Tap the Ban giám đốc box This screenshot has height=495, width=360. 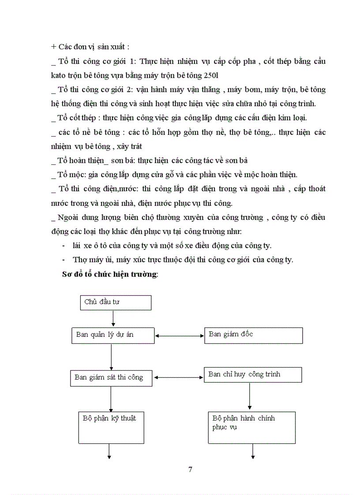[x=254, y=335]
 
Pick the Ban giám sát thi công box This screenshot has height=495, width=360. [x=112, y=378]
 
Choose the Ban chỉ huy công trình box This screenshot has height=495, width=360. [x=253, y=375]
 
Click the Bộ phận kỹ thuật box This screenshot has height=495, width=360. [x=112, y=427]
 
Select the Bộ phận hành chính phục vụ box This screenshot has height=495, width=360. [x=251, y=427]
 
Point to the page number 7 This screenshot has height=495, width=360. [x=190, y=469]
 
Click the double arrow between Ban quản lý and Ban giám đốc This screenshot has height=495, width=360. [x=180, y=336]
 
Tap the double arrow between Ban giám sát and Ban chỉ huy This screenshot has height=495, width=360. [x=180, y=377]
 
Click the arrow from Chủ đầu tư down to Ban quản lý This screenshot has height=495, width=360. [x=113, y=318]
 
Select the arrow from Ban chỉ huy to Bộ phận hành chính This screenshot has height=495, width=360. [x=250, y=396]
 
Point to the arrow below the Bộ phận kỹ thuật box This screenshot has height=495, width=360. [x=109, y=451]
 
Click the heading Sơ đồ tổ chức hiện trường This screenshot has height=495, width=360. [x=110, y=274]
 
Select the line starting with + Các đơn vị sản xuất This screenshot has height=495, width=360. [x=90, y=47]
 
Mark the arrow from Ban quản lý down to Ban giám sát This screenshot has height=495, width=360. [x=111, y=357]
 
